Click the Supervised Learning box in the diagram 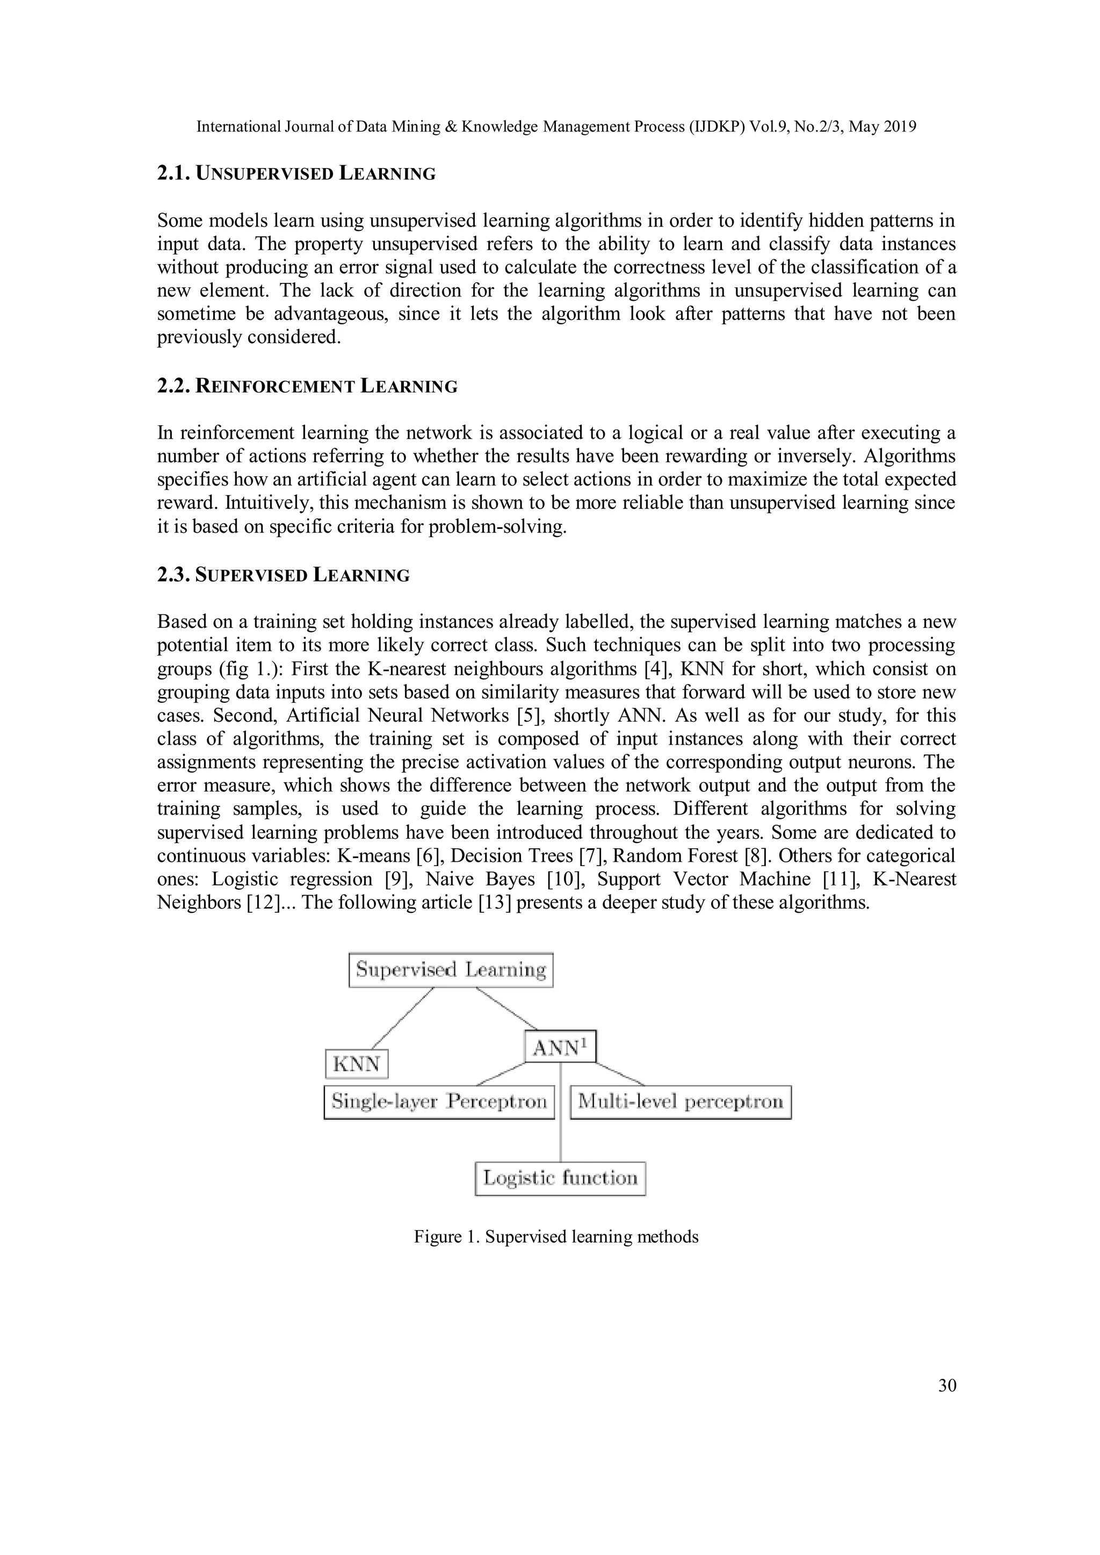click(x=451, y=970)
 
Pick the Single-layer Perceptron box click(x=439, y=1102)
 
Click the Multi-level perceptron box click(x=680, y=1102)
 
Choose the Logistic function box click(x=560, y=1179)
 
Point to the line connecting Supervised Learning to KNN click(x=403, y=1018)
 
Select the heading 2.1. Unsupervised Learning click(x=296, y=173)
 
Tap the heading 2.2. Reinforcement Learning click(x=307, y=386)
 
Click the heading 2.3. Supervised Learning click(x=283, y=575)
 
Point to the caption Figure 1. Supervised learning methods click(x=555, y=1237)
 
